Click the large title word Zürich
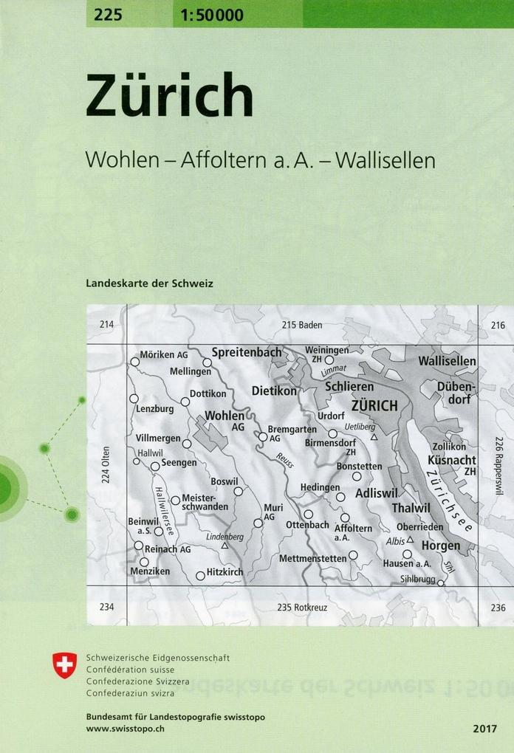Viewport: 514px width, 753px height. [x=169, y=97]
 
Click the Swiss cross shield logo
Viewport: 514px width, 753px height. [x=65, y=665]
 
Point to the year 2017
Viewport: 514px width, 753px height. [x=486, y=729]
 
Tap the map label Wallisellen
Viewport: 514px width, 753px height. [x=447, y=361]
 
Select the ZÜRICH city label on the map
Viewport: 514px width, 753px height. [x=374, y=405]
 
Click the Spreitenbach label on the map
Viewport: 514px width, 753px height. [x=247, y=352]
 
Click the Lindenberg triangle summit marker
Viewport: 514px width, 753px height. [x=225, y=546]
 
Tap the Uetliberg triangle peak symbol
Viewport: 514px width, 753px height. [x=374, y=437]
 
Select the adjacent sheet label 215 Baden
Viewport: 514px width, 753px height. [x=302, y=325]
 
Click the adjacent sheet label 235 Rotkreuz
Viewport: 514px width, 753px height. [x=302, y=607]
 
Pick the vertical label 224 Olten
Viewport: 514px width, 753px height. [x=106, y=465]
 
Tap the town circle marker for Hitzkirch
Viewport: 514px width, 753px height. [x=200, y=575]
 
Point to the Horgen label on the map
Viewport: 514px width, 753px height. [x=441, y=546]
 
